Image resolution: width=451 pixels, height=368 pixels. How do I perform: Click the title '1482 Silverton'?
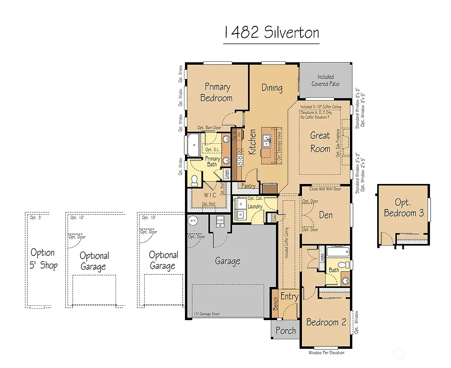point(271,33)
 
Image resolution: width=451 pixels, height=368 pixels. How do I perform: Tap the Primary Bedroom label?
point(218,92)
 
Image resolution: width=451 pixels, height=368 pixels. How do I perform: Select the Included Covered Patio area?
point(325,80)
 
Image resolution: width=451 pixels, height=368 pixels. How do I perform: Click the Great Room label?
point(320,142)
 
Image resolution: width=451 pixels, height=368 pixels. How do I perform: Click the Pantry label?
point(248,186)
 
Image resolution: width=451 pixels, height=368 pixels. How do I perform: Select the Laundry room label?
point(255,207)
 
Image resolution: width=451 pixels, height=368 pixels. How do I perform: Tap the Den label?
point(325,215)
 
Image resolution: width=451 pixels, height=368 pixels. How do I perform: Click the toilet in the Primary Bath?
point(195,180)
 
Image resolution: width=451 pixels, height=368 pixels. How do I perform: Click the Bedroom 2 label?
point(326,322)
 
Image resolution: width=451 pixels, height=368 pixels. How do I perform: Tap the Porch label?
point(286,331)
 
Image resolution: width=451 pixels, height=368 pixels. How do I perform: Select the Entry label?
point(289,297)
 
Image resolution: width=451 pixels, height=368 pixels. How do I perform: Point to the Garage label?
point(227,261)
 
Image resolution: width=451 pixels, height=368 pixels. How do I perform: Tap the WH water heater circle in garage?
point(193,221)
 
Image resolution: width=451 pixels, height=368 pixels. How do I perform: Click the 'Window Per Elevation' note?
point(326,353)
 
